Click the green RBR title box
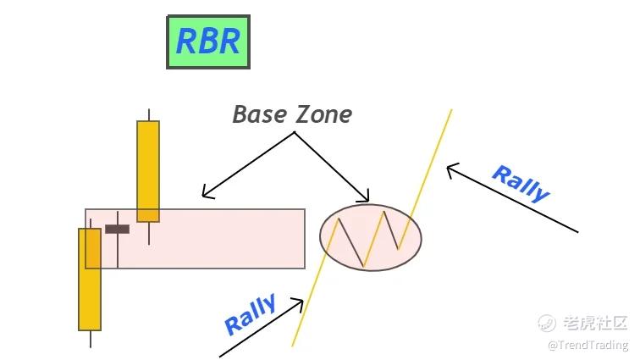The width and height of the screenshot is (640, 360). tap(208, 41)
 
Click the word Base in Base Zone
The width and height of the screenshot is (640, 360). tap(261, 114)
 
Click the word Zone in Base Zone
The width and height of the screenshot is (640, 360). tap(323, 114)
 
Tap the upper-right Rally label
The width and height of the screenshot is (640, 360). tap(520, 183)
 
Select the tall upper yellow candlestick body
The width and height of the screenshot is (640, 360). tap(148, 170)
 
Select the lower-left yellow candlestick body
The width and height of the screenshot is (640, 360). tap(90, 279)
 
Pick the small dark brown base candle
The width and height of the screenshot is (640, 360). tap(117, 229)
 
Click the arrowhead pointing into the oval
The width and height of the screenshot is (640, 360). tap(367, 199)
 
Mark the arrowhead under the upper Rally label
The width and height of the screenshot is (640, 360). tap(450, 169)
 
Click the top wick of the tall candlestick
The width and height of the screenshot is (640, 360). tap(149, 114)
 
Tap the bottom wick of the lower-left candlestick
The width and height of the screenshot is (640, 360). tap(90, 338)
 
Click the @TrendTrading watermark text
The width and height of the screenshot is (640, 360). tap(588, 345)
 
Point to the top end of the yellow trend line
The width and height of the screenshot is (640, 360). tap(451, 110)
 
